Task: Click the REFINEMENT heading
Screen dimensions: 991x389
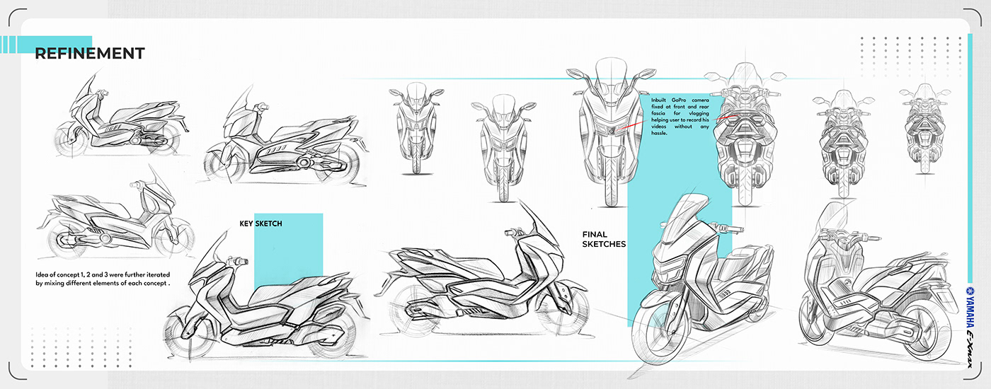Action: tap(90, 53)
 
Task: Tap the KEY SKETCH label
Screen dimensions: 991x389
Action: tap(260, 223)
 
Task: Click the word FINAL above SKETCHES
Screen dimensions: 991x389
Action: tap(595, 234)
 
